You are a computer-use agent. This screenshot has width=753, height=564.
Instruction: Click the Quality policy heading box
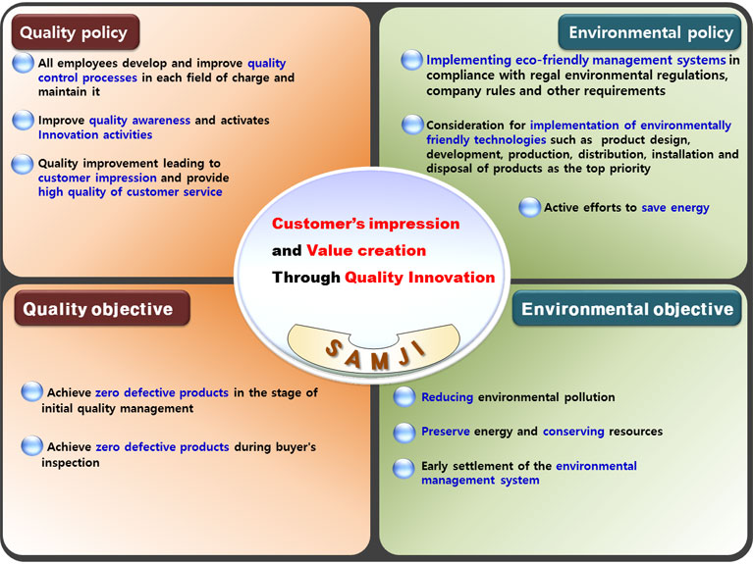pos(76,32)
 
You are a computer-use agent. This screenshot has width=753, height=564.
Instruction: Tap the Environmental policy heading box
pos(650,32)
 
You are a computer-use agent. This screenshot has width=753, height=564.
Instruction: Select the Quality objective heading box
pos(102,309)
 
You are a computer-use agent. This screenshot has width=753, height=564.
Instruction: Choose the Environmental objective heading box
pos(627,309)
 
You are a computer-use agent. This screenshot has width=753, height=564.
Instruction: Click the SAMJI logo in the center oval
pos(374,349)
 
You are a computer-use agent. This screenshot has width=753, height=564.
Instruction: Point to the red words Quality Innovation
pos(420,277)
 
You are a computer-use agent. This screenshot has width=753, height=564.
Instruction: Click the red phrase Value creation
pos(366,250)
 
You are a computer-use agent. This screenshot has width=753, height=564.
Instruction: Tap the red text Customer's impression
pos(365,224)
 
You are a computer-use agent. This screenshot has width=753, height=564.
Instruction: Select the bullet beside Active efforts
pos(530,207)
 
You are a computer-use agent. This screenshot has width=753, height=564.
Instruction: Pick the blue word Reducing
pos(447,397)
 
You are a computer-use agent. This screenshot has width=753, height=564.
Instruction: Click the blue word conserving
pos(573,432)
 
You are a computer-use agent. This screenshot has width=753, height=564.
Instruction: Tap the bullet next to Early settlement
pos(403,469)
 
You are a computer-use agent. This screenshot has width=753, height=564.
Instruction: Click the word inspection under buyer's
pos(71,463)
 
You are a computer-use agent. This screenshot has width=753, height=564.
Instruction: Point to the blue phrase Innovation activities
pos(95,135)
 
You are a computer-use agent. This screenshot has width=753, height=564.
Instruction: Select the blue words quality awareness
pos(139,121)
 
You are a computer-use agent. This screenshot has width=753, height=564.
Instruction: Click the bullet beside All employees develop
pos(23,63)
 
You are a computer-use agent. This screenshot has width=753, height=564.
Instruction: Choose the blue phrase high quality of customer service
pos(131,192)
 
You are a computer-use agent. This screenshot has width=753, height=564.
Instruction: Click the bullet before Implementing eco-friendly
pos(411,60)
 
